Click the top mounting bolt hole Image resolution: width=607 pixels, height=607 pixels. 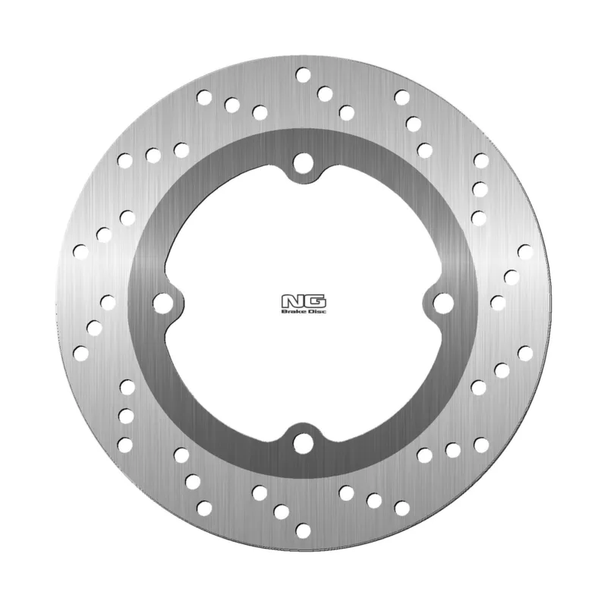[303, 163]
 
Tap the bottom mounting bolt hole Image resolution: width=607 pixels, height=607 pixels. [303, 443]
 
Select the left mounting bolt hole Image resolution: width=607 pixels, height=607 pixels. [163, 303]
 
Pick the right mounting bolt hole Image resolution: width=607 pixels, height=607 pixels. [443, 303]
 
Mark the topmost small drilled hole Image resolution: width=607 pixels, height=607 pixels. [303, 74]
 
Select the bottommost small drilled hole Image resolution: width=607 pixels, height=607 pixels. [303, 530]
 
